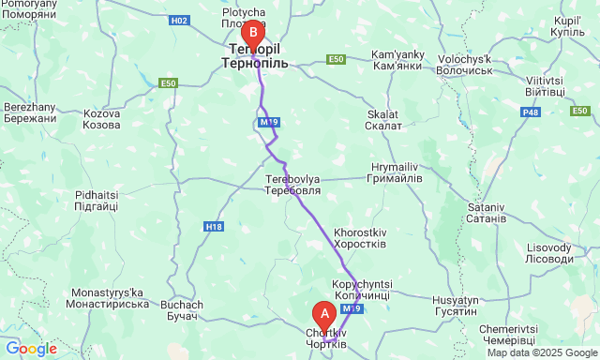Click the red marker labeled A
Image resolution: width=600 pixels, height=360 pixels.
[x=324, y=314]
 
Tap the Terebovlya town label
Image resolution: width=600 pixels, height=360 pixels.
[x=292, y=184]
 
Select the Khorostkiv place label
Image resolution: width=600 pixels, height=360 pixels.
[x=360, y=237]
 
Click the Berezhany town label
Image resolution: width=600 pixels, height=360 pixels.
[x=31, y=112]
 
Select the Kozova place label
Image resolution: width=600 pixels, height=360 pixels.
[x=101, y=119]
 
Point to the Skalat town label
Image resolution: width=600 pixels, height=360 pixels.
[x=383, y=120]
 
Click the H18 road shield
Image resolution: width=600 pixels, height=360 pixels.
[x=214, y=226]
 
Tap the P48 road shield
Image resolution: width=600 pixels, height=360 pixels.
[x=531, y=112]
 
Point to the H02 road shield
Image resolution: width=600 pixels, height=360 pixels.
[x=179, y=21]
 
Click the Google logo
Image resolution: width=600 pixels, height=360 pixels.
[x=32, y=349]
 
